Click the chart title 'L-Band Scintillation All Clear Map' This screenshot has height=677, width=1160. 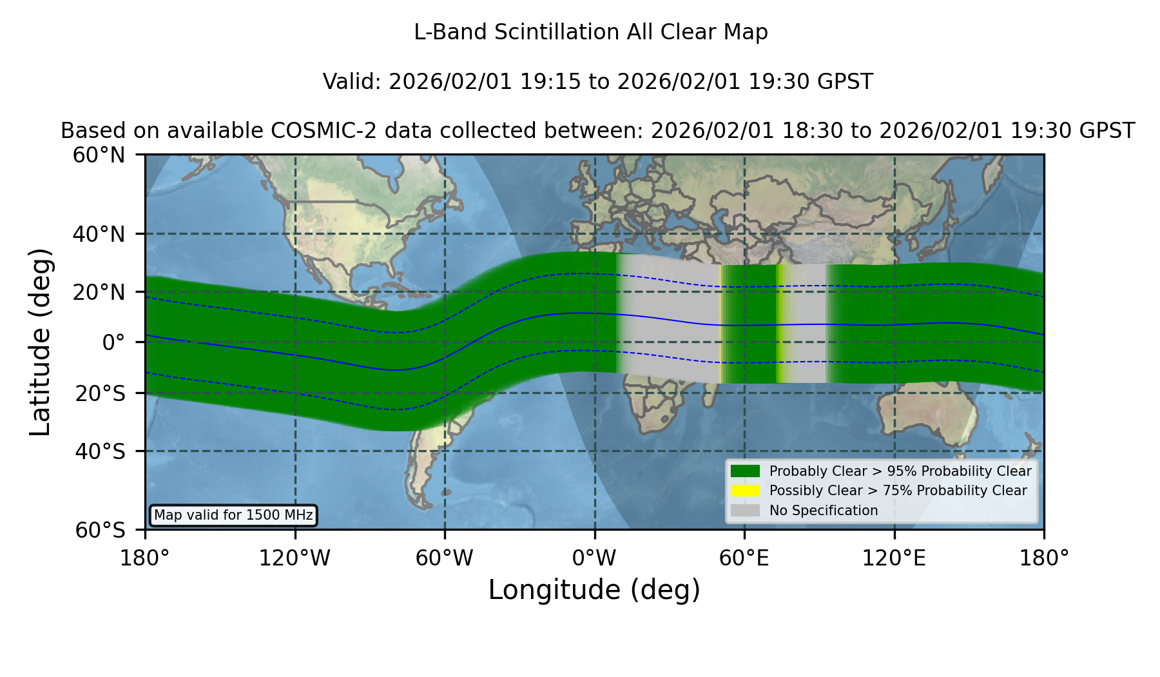(591, 32)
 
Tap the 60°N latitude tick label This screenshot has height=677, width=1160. (99, 155)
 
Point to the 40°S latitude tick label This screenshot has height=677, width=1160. (100, 451)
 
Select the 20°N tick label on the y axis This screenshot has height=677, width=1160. (99, 292)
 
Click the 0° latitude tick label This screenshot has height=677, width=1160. (114, 342)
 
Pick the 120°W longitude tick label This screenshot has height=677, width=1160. (295, 558)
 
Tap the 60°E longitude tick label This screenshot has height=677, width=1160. (744, 558)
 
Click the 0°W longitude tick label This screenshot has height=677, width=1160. (595, 558)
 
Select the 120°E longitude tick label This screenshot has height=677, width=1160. (894, 558)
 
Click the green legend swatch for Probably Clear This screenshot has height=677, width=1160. (746, 471)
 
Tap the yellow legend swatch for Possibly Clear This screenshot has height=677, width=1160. (746, 491)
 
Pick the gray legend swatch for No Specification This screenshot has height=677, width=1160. (746, 511)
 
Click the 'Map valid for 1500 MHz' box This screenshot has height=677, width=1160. (233, 515)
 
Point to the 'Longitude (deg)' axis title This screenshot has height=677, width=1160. (594, 590)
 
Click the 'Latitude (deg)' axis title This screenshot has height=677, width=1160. (40, 342)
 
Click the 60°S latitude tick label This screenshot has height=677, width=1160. (100, 530)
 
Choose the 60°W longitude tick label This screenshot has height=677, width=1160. (445, 558)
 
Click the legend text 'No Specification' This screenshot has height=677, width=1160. (824, 511)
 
